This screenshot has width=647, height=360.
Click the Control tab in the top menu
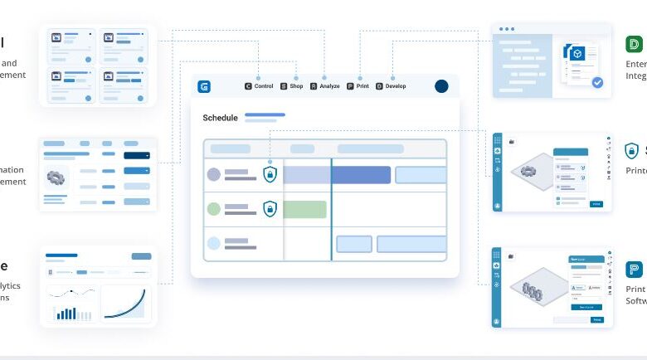pyautogui.click(x=259, y=86)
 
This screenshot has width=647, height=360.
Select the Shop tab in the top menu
pyautogui.click(x=291, y=86)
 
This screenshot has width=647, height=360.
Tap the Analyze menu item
pyautogui.click(x=324, y=86)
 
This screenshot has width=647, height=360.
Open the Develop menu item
pyautogui.click(x=391, y=86)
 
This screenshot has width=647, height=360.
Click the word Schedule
pyautogui.click(x=220, y=118)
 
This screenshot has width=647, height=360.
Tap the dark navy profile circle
pyautogui.click(x=441, y=86)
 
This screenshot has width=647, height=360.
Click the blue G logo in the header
pyautogui.click(x=205, y=86)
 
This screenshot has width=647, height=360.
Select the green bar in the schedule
pyautogui.click(x=304, y=209)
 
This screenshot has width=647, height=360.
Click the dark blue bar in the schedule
pyautogui.click(x=361, y=175)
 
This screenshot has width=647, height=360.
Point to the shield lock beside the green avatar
pyautogui.click(x=270, y=209)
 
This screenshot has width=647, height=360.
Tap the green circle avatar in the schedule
pyautogui.click(x=214, y=209)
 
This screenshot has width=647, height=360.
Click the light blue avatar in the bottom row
pyautogui.click(x=214, y=244)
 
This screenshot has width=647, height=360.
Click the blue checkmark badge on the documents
pyautogui.click(x=597, y=82)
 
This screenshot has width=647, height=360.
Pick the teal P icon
pyautogui.click(x=634, y=270)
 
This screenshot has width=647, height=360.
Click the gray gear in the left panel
pyautogui.click(x=57, y=177)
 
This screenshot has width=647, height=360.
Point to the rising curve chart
pyautogui.click(x=126, y=303)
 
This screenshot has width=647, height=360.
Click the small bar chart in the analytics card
pyautogui.click(x=66, y=313)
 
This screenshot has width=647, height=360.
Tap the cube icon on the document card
pyautogui.click(x=577, y=53)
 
